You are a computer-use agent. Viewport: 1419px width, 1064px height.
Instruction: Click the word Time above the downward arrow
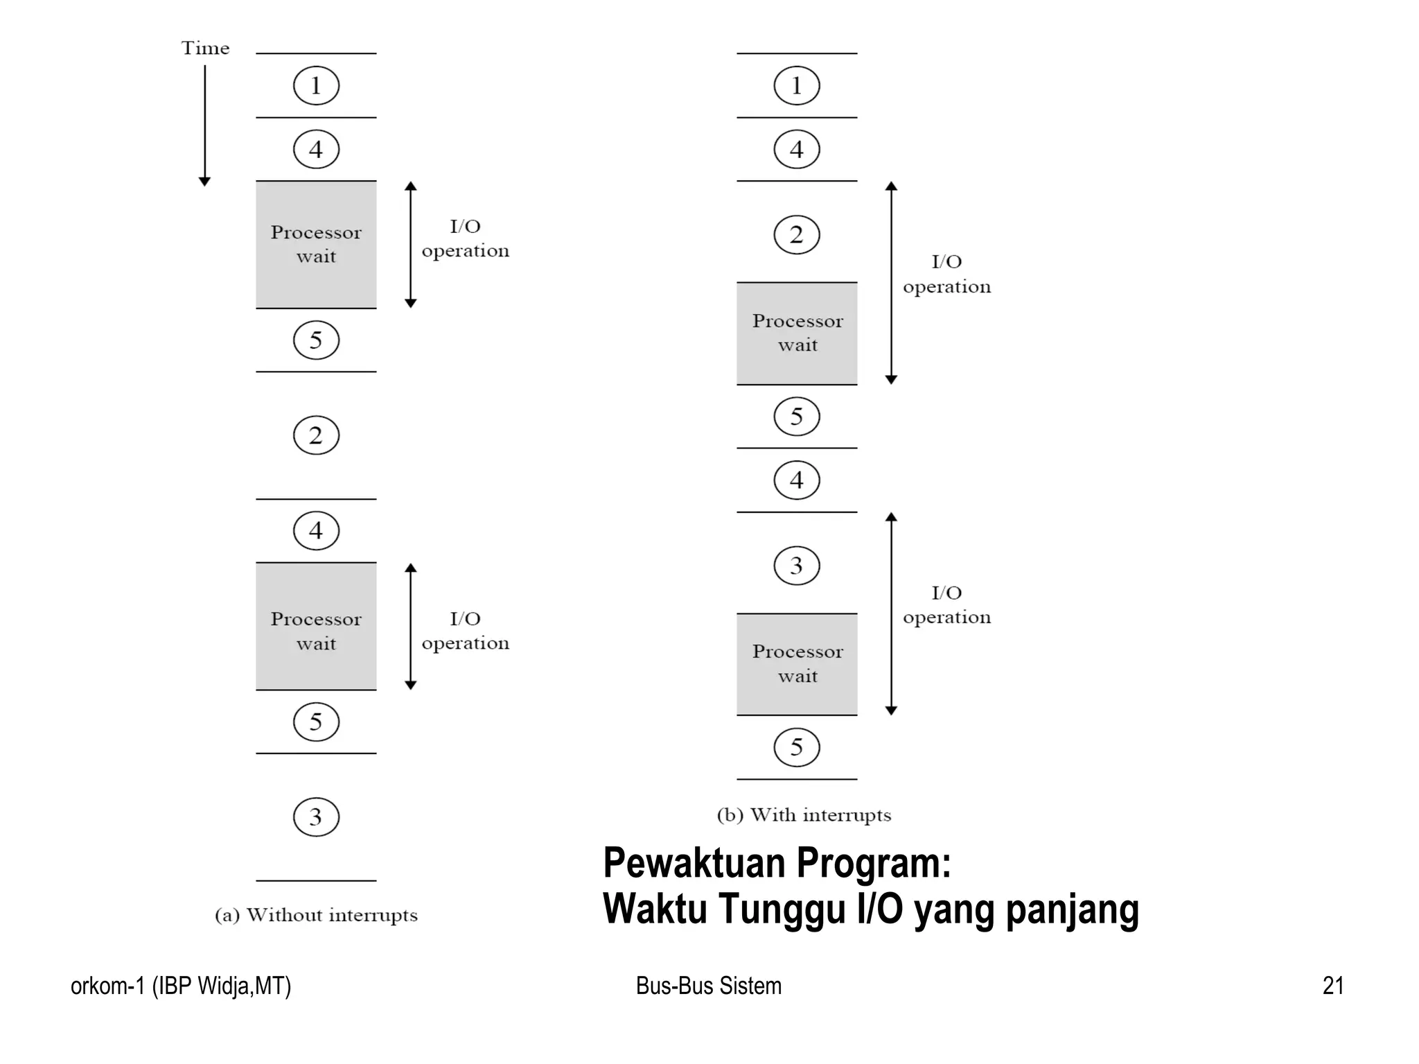click(205, 48)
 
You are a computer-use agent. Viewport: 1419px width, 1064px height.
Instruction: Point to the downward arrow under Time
click(204, 125)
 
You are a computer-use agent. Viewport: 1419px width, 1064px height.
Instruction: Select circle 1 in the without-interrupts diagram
click(316, 85)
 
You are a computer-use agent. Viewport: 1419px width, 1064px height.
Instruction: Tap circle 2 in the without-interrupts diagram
click(316, 435)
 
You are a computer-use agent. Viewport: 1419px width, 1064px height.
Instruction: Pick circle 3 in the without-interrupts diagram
click(316, 817)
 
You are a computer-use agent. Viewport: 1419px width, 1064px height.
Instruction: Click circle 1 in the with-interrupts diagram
click(797, 85)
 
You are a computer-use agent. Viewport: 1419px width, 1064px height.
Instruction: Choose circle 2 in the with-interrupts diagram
click(797, 235)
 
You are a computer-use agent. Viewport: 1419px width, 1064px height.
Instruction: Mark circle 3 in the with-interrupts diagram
click(797, 566)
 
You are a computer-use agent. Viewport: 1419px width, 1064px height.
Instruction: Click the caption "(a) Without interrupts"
click(316, 915)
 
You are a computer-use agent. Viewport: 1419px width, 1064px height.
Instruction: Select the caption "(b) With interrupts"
click(804, 814)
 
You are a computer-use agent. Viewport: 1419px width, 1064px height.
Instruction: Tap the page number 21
click(1333, 986)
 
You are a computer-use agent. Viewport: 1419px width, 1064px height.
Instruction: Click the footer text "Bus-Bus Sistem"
click(708, 986)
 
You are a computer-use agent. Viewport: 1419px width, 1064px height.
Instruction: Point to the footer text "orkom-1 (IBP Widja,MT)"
click(181, 986)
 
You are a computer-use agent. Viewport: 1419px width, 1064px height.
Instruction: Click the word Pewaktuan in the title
click(694, 863)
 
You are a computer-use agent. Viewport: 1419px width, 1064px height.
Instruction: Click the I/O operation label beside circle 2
click(946, 274)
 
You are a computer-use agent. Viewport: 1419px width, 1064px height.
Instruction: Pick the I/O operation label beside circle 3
click(946, 605)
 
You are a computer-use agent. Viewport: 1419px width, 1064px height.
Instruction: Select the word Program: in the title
click(874, 863)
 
